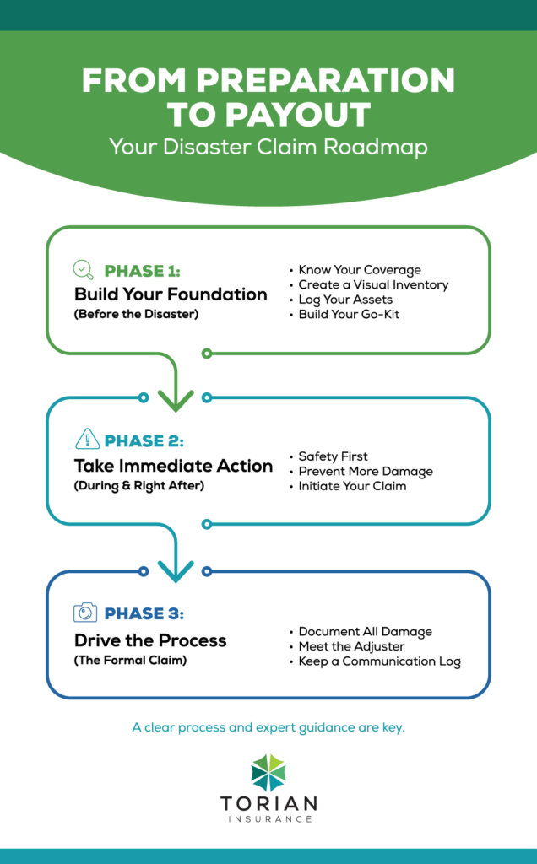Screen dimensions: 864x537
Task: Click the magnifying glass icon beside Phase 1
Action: (84, 270)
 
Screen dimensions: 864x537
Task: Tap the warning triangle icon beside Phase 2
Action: (87, 440)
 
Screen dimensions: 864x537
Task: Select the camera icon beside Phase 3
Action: (85, 613)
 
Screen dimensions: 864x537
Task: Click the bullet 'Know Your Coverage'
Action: (359, 270)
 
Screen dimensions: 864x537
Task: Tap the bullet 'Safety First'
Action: (333, 456)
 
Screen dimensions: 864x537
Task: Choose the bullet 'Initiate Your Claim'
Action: (352, 486)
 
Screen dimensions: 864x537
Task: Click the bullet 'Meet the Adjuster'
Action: (351, 646)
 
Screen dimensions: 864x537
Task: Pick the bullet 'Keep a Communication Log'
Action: (379, 661)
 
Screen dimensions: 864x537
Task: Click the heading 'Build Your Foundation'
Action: (171, 294)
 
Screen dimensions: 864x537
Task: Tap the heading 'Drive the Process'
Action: (150, 640)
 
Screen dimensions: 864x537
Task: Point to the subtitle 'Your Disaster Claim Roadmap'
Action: (268, 148)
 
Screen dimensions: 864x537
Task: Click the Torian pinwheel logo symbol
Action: (268, 773)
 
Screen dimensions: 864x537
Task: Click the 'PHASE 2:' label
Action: (144, 440)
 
